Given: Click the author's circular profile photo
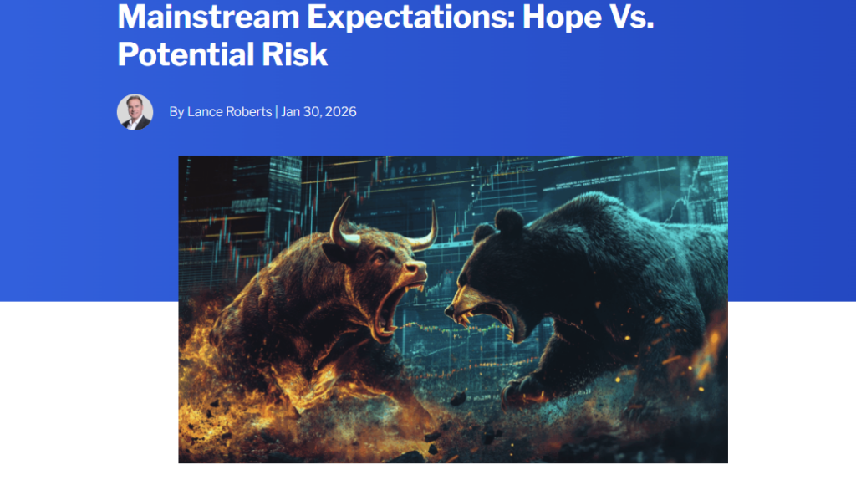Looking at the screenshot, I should [135, 111].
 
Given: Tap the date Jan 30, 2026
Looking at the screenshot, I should [318, 111].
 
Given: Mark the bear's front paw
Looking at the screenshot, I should [527, 388].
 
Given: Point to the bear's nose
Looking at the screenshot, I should [451, 311].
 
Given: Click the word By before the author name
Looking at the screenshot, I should [176, 111].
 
